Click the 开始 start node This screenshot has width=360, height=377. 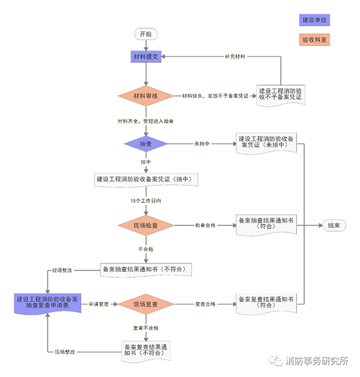[x=145, y=34]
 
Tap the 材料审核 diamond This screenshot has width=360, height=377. [x=145, y=96]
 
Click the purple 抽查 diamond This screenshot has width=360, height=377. [x=145, y=144]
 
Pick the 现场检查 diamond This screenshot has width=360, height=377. [x=145, y=225]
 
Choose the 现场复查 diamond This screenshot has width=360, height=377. [x=145, y=304]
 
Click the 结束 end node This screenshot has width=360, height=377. [x=333, y=225]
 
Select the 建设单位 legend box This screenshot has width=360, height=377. [x=316, y=20]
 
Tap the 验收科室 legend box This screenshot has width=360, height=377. [x=316, y=40]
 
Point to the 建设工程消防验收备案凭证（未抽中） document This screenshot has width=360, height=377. [x=265, y=142]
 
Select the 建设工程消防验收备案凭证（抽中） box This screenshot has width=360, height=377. [x=146, y=179]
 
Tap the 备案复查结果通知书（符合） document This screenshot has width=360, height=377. [x=265, y=302]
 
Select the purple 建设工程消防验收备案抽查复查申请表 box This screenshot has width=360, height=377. [x=47, y=303]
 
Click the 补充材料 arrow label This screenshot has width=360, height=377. [x=235, y=56]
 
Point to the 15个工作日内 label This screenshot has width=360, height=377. [x=146, y=200]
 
